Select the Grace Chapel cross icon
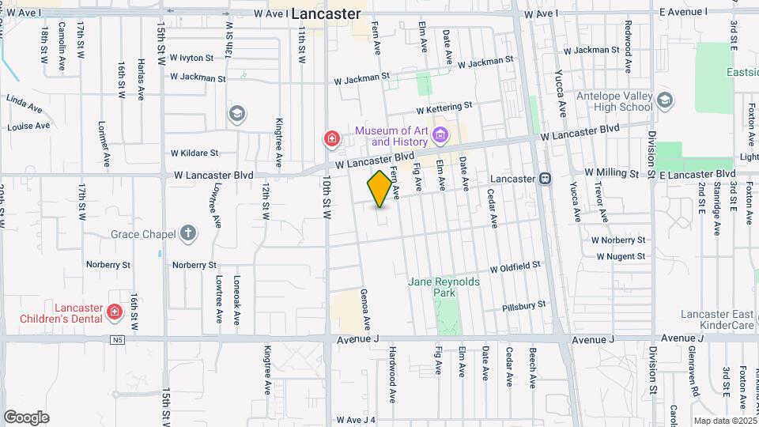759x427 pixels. click(187, 233)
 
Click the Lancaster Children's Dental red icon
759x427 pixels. click(115, 312)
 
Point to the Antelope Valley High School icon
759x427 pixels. click(665, 100)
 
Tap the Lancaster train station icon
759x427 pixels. click(545, 179)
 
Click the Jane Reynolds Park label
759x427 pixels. click(432, 287)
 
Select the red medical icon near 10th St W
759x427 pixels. click(332, 140)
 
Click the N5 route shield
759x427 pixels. click(118, 340)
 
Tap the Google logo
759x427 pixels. click(26, 417)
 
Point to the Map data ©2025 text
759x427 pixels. click(725, 421)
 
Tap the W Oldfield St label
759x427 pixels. click(515, 268)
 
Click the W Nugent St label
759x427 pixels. click(621, 256)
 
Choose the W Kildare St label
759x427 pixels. click(194, 153)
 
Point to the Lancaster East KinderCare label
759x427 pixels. click(718, 319)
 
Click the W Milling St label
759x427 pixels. click(610, 172)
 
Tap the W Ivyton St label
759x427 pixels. click(189, 58)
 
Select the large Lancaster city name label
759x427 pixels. click(326, 14)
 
